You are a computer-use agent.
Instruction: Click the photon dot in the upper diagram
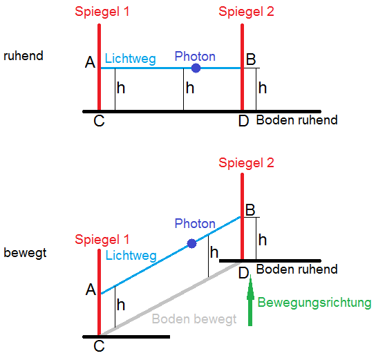[196, 68]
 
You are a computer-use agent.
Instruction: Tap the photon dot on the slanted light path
[192, 243]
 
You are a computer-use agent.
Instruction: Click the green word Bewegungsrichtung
[314, 303]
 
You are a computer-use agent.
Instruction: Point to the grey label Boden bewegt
[194, 319]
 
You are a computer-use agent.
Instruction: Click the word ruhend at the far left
[23, 56]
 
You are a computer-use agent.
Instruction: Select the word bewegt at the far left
[25, 252]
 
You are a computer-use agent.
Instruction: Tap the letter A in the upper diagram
[90, 63]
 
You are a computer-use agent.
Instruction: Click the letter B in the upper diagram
[251, 60]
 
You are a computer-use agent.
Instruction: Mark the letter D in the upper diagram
[243, 122]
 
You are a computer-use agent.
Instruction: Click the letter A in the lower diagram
[91, 290]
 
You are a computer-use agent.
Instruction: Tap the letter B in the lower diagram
[251, 209]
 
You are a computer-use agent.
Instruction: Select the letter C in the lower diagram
[99, 346]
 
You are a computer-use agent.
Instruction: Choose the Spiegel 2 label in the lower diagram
[247, 163]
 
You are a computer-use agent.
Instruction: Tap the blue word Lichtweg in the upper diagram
[131, 59]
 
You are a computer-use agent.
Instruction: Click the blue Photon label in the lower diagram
[195, 224]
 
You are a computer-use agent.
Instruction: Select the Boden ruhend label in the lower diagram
[297, 269]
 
